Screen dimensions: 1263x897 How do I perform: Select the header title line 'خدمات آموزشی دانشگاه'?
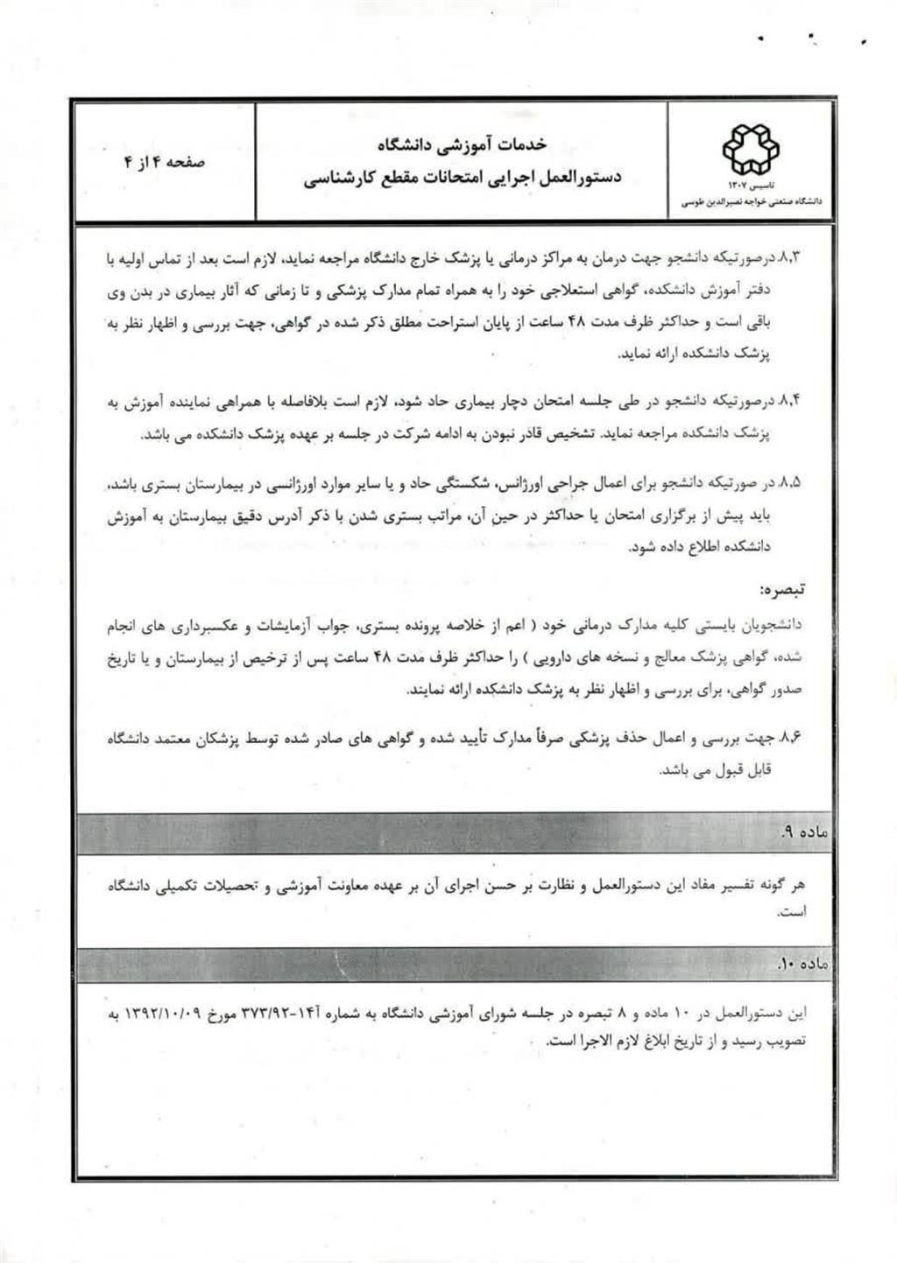tap(462, 143)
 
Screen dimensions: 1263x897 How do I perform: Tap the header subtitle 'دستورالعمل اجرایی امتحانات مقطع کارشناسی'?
tap(463, 178)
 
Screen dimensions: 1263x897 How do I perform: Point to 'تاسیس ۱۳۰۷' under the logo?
tap(749, 186)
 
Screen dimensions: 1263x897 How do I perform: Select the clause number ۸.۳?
tap(790, 259)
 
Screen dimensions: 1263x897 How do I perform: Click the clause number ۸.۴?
tap(790, 402)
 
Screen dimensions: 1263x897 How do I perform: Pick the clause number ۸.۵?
tap(790, 482)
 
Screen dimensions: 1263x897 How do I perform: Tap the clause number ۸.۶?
tap(790, 738)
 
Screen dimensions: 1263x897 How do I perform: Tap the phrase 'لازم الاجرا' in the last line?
tap(597, 1042)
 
